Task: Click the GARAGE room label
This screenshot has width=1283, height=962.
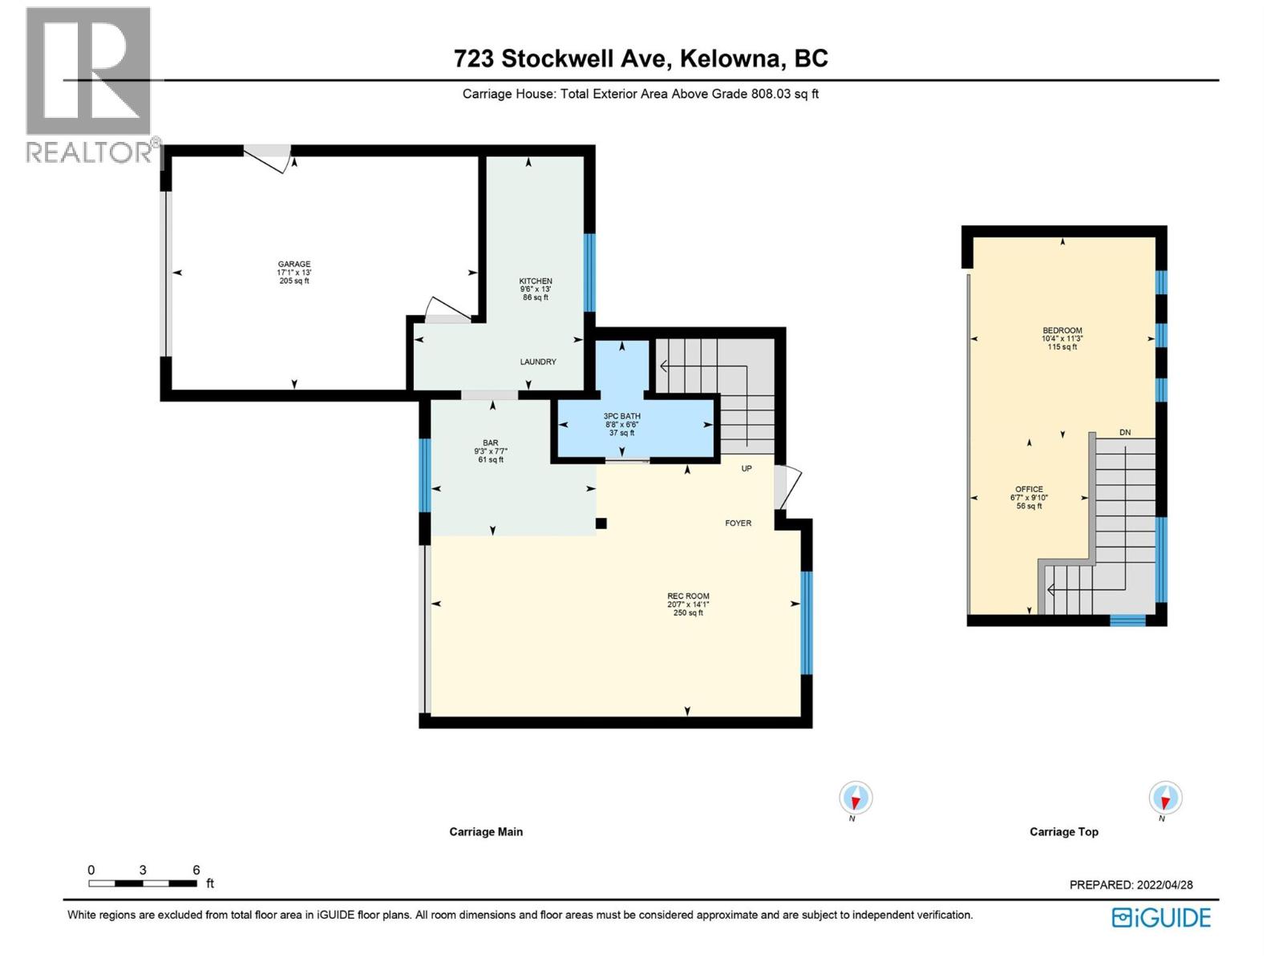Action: pyautogui.click(x=294, y=265)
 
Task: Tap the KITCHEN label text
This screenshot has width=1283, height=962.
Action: pyautogui.click(x=535, y=281)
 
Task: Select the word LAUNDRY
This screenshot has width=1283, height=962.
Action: pyautogui.click(x=538, y=362)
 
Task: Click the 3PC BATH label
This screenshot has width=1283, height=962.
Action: pyautogui.click(x=622, y=417)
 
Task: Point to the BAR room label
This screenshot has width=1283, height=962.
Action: pyautogui.click(x=490, y=443)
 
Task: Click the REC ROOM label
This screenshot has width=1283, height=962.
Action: pyautogui.click(x=688, y=596)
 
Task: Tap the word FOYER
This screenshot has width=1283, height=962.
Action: pyautogui.click(x=738, y=523)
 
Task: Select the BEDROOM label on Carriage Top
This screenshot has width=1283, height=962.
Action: pyautogui.click(x=1062, y=330)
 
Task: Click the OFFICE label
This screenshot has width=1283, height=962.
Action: pyautogui.click(x=1029, y=489)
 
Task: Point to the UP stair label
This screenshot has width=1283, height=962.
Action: pyautogui.click(x=747, y=468)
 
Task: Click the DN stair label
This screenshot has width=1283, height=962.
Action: pyautogui.click(x=1125, y=433)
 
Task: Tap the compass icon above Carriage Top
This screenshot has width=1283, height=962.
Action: pyautogui.click(x=1165, y=798)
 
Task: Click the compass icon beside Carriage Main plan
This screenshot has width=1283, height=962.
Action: pyautogui.click(x=856, y=798)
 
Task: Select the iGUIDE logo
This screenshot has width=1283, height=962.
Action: pyautogui.click(x=1161, y=918)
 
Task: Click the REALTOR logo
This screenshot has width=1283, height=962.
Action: pyautogui.click(x=90, y=84)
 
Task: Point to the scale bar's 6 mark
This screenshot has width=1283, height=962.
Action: pyautogui.click(x=196, y=871)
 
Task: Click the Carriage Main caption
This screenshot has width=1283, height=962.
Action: pyautogui.click(x=486, y=832)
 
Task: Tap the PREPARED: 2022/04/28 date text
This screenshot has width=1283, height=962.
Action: pyautogui.click(x=1131, y=885)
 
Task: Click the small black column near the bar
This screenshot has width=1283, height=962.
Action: pyautogui.click(x=601, y=523)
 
